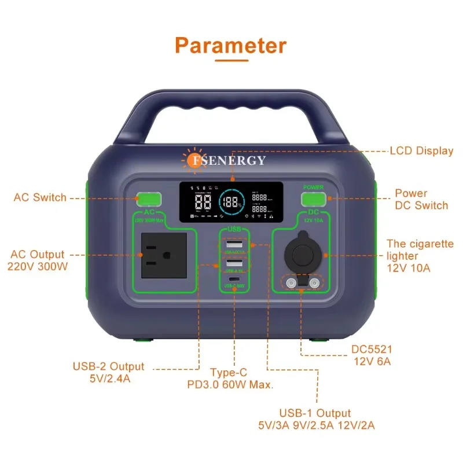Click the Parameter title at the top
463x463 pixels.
pyautogui.click(x=231, y=45)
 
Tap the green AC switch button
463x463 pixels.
pyautogui.click(x=149, y=200)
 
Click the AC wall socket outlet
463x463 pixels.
pyautogui.click(x=163, y=255)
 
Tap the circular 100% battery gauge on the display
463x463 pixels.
pyautogui.click(x=231, y=203)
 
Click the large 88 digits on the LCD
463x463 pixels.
pyautogui.click(x=203, y=203)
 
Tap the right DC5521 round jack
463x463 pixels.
pyautogui.click(x=314, y=283)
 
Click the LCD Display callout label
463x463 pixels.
pyautogui.click(x=422, y=150)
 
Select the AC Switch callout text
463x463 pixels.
pyautogui.click(x=40, y=197)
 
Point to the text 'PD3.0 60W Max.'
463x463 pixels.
pyautogui.click(x=230, y=384)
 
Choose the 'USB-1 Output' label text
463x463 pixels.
pyautogui.click(x=315, y=413)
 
